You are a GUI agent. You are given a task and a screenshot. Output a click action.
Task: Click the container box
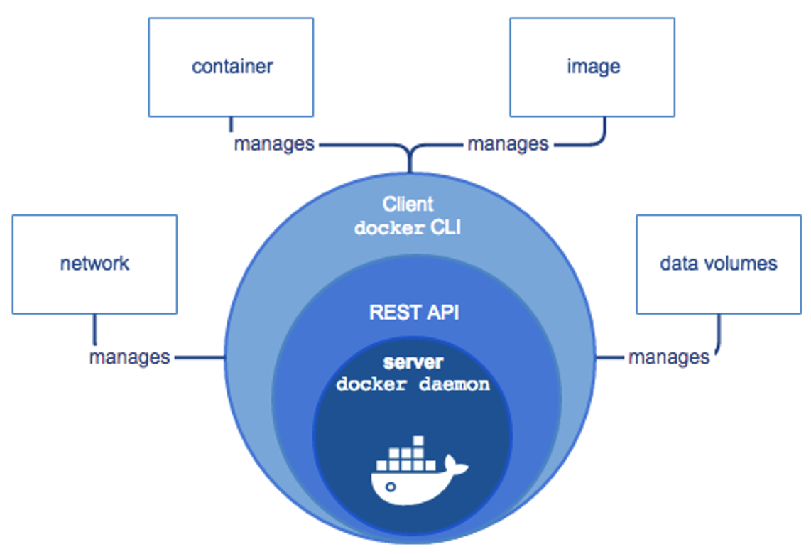point(231,67)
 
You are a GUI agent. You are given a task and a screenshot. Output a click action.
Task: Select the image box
point(592,67)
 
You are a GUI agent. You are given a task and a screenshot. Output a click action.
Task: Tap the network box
point(94,264)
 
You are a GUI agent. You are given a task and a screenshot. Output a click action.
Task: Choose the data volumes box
point(718,264)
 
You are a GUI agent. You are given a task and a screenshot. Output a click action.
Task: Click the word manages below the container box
point(274,144)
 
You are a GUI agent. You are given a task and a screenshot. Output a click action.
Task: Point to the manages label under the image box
point(508,144)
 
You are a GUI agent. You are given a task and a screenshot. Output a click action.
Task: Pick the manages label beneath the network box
point(129,357)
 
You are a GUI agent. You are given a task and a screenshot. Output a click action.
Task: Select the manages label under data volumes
point(669,357)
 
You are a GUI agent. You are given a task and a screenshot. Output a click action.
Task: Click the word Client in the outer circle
point(408,205)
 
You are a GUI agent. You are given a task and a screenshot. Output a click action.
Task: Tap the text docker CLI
point(408,228)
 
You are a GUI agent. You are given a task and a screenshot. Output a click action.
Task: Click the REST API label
point(414,313)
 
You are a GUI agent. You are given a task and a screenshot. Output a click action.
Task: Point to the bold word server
point(413,363)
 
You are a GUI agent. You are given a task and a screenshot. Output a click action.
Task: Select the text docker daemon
point(413,385)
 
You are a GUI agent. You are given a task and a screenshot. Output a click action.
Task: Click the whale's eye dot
point(390,487)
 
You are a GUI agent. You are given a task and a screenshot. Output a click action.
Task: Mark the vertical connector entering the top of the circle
point(410,162)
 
